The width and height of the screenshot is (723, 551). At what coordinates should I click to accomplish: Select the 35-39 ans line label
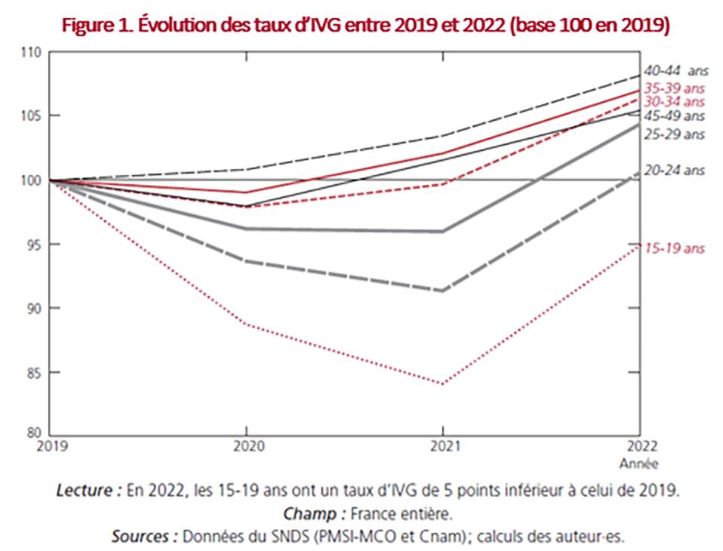(673, 88)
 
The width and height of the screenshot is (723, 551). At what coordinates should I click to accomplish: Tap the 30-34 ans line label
(673, 101)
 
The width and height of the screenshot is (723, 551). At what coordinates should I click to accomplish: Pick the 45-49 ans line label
(673, 115)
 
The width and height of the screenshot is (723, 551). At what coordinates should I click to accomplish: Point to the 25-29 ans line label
(673, 134)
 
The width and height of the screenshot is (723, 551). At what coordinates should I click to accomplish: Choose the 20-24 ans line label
(673, 171)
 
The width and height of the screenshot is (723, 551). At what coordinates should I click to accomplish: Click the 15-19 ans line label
(673, 248)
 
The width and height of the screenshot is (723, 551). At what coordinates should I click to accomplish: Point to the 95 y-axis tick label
(32, 245)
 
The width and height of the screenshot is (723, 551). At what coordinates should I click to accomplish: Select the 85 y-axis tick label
(32, 373)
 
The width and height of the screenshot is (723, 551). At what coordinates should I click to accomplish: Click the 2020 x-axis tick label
(245, 447)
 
